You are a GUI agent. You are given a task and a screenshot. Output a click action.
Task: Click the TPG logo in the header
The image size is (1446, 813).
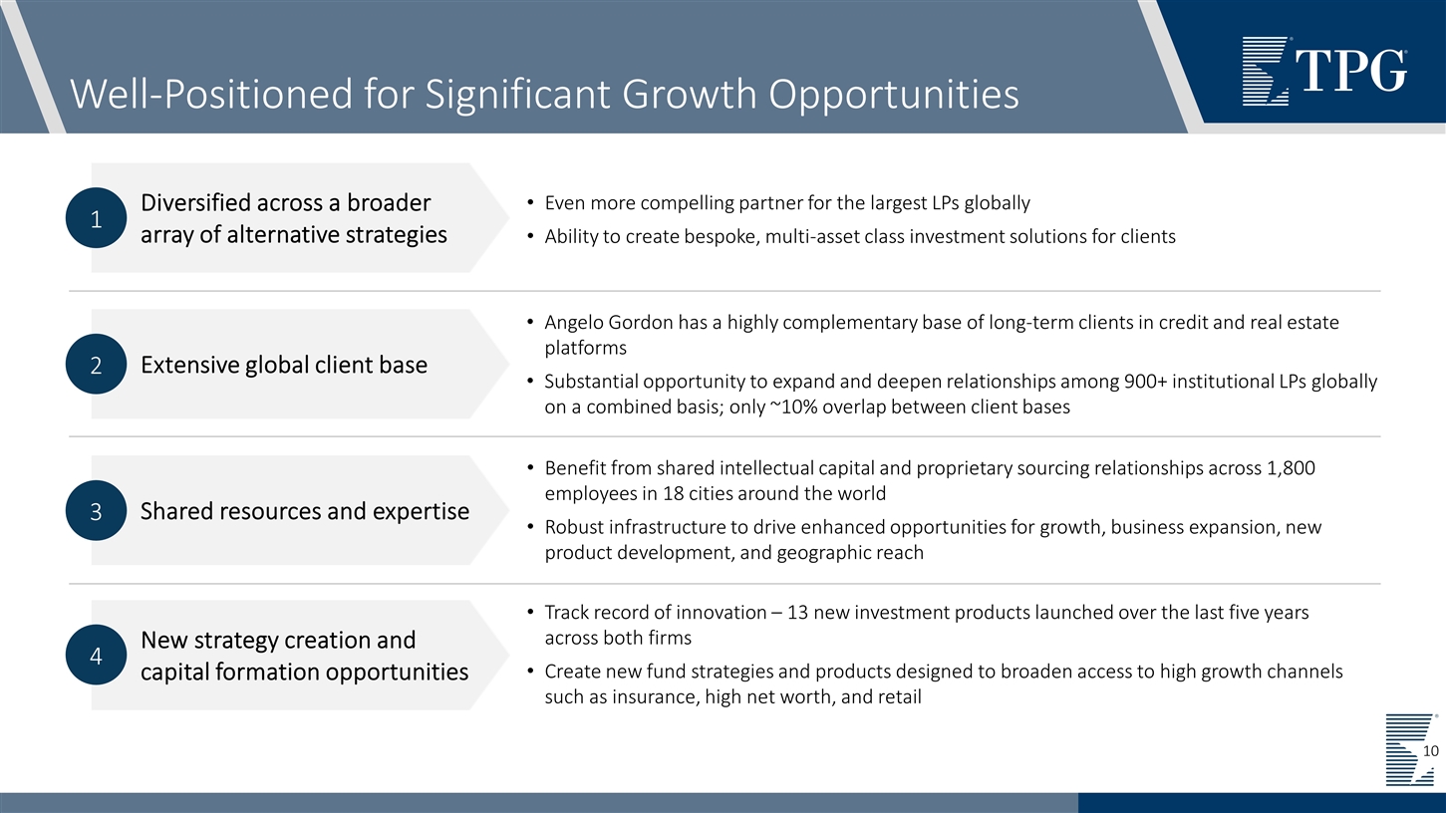[x=1324, y=70]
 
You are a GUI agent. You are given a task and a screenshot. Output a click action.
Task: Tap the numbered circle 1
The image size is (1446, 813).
[x=96, y=218]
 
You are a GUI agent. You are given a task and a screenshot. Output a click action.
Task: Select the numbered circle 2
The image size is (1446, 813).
[x=96, y=365]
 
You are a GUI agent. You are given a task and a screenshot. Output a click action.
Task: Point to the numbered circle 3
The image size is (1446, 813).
[x=96, y=511]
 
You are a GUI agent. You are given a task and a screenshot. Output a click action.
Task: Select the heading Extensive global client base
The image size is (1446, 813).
[x=284, y=365]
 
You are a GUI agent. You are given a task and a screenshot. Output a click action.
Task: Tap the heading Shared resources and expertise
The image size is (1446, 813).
[x=305, y=511]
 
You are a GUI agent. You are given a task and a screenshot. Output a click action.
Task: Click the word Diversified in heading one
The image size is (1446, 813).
[x=197, y=203]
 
